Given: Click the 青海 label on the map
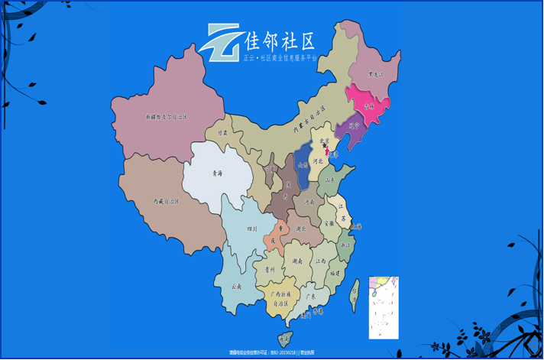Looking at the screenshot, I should (217, 174).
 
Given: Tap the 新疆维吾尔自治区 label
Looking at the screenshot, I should (167, 117).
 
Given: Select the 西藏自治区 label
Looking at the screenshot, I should (166, 201).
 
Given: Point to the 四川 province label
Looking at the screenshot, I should (252, 229).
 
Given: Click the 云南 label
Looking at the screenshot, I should (238, 287).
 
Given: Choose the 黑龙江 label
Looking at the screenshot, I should (374, 75).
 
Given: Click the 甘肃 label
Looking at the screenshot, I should (222, 132).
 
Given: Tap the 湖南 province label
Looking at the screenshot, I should (296, 261).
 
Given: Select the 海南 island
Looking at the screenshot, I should (284, 337).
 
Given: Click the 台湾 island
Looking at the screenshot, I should (355, 290).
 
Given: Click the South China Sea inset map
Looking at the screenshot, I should (384, 307).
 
